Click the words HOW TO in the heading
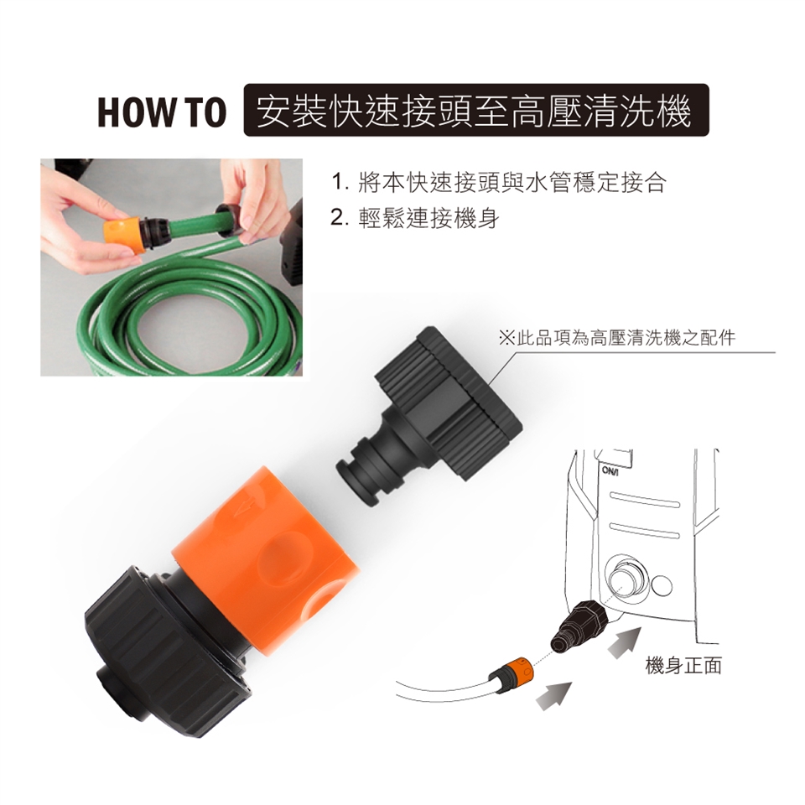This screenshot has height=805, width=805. [162, 112]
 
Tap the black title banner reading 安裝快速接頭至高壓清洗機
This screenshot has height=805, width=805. [476, 110]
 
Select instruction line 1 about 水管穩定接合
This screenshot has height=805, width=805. [498, 183]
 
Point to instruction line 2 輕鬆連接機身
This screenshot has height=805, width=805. [415, 219]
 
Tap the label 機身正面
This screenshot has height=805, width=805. [683, 665]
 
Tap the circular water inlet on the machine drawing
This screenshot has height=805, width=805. [627, 579]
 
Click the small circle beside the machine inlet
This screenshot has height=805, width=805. [662, 586]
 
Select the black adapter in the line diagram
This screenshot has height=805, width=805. [579, 626]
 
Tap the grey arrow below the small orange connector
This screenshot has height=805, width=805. [553, 696]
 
